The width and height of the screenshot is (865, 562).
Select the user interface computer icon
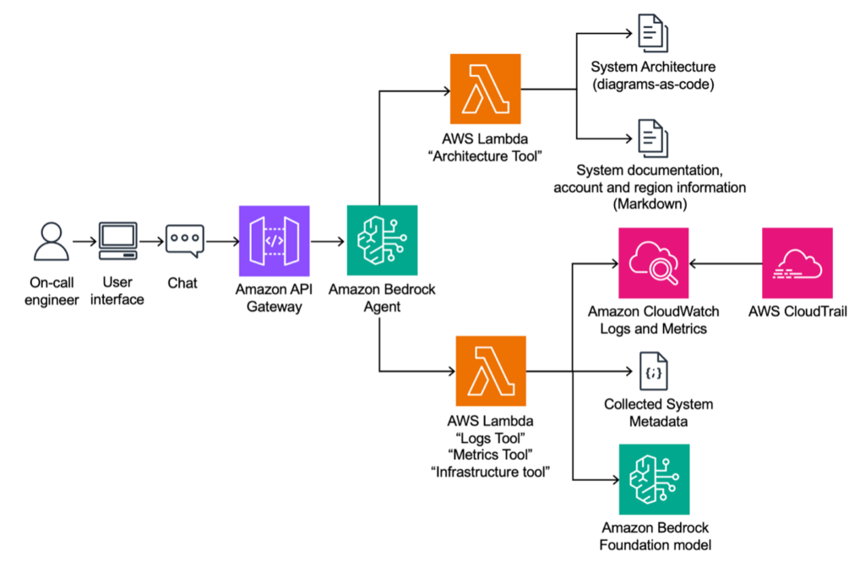point(117,242)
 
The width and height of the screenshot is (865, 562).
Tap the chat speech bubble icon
point(184,242)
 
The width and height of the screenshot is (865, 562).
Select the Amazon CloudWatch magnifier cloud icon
point(653,263)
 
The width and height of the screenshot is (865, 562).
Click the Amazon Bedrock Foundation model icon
point(653,479)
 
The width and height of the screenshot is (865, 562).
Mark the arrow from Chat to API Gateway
point(222,242)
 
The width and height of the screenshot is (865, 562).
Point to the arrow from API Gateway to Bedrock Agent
point(328,242)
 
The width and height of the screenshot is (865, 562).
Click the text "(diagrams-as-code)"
point(653,84)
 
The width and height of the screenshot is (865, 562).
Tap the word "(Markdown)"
point(653,204)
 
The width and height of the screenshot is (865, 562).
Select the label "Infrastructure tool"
point(491,472)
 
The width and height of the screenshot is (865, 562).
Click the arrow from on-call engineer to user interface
point(84,242)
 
